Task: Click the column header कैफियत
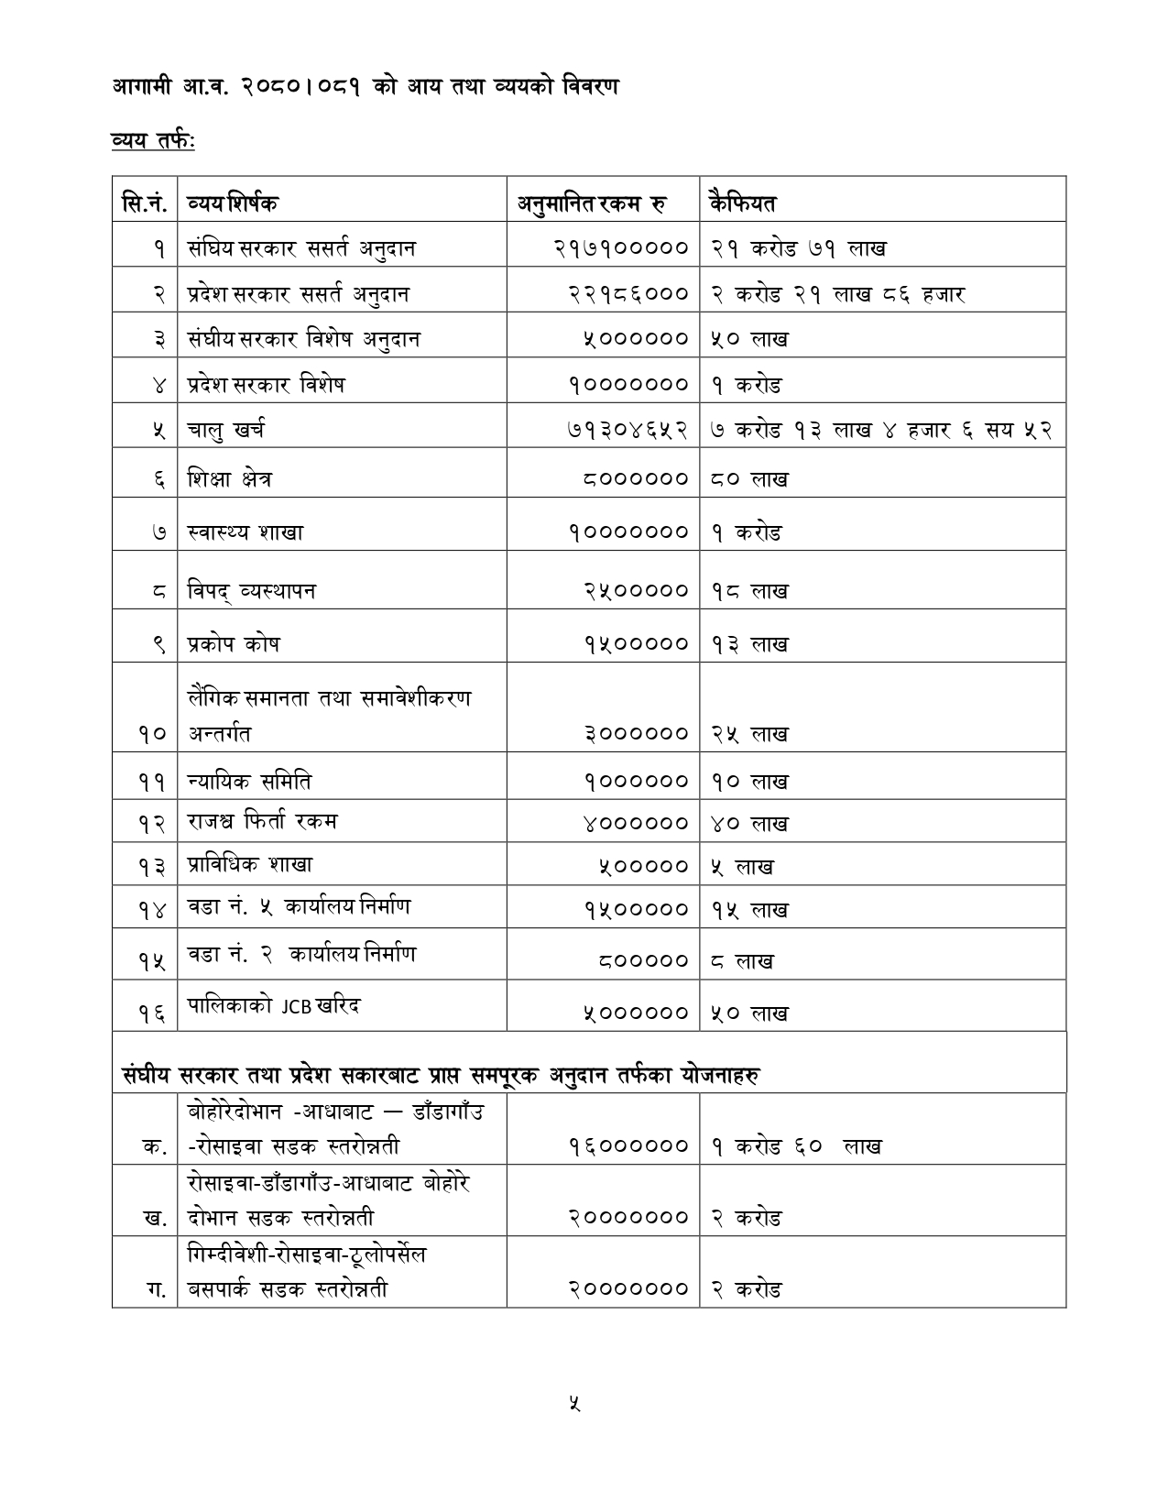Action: tap(742, 202)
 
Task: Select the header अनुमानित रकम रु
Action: tap(592, 202)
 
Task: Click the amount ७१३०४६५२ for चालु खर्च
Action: tap(627, 429)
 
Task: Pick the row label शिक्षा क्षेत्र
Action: tap(229, 478)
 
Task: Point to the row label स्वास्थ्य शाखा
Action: tap(246, 531)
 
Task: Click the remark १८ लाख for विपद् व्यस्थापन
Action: tap(749, 591)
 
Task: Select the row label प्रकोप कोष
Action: tap(234, 643)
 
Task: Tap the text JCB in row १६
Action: tap(296, 1006)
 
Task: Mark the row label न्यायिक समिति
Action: tap(249, 781)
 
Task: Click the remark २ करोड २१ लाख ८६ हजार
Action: tap(837, 294)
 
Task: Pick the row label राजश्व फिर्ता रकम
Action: tap(262, 821)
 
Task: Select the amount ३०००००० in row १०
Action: tap(635, 733)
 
